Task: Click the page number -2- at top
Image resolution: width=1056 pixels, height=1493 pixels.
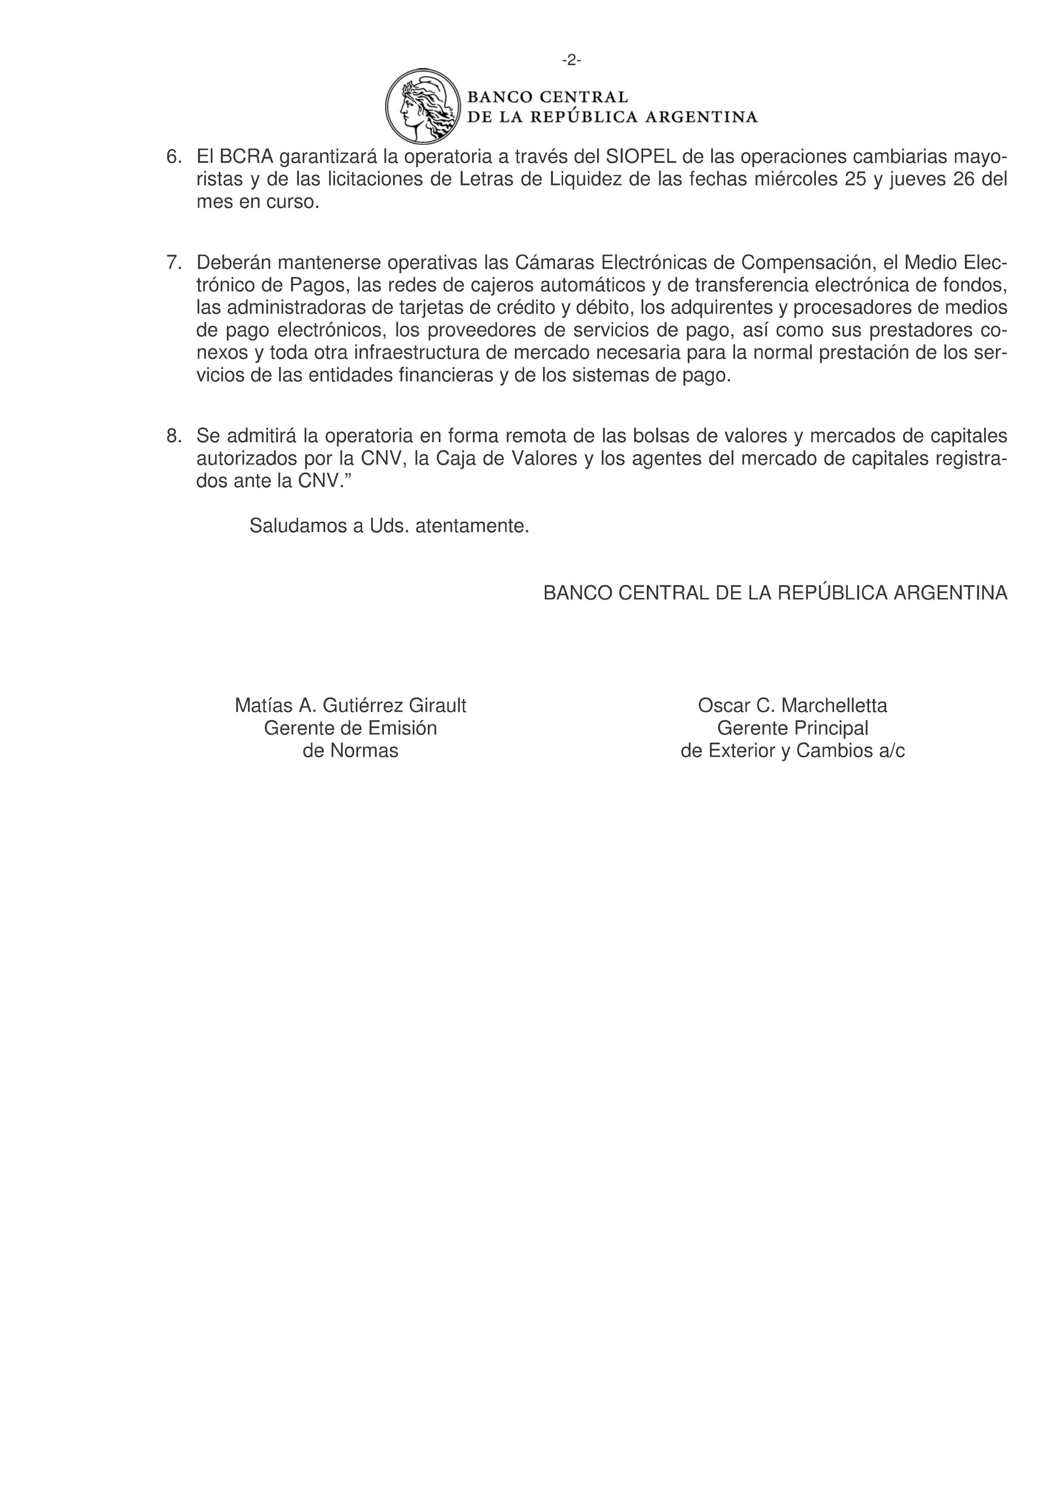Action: click(x=572, y=60)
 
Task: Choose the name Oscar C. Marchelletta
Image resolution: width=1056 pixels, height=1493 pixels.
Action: click(x=792, y=706)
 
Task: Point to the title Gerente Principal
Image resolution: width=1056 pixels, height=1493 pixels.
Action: click(x=792, y=728)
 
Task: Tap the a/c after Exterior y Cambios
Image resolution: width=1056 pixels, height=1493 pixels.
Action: click(x=891, y=751)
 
